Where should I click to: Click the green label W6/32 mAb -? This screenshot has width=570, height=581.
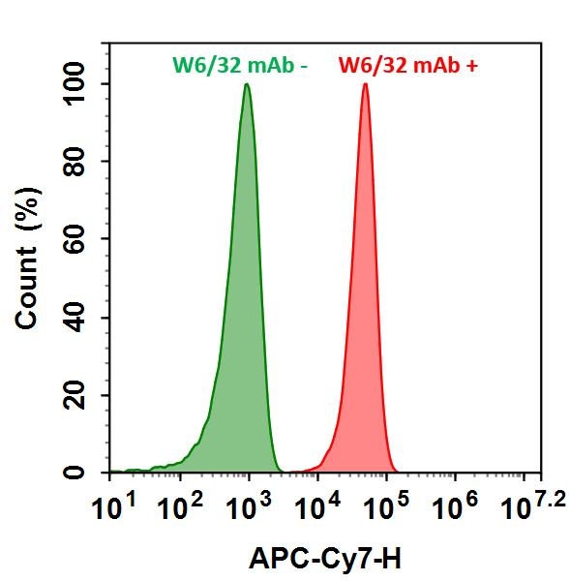[239, 66]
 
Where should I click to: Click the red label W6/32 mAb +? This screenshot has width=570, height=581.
[407, 66]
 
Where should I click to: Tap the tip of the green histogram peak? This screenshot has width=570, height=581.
[247, 84]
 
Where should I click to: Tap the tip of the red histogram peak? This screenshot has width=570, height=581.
[365, 84]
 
